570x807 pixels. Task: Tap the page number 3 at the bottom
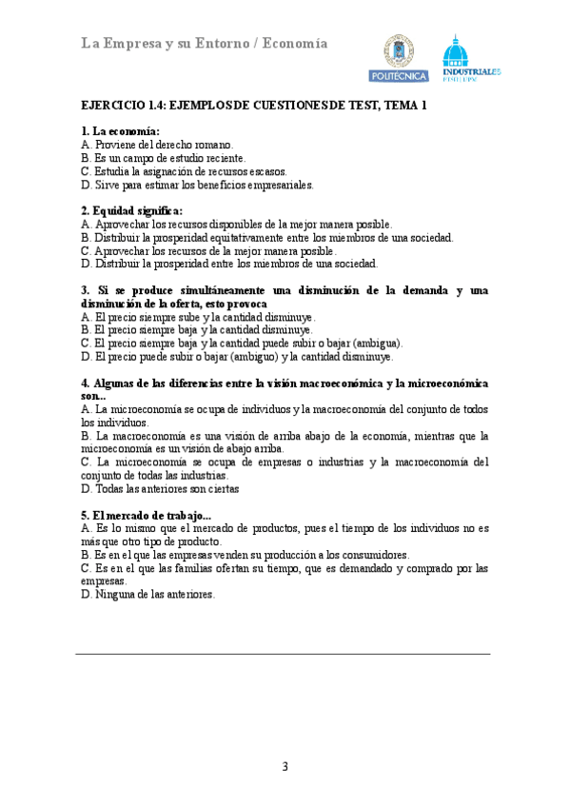click(285, 766)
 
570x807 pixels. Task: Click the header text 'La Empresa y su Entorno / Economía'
click(205, 44)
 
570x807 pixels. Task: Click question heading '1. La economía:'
click(121, 131)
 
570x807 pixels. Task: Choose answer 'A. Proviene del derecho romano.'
click(157, 145)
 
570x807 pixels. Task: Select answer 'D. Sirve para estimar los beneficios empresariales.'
click(197, 185)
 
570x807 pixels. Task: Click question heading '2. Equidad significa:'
click(132, 210)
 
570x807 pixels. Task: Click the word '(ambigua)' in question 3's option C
click(378, 344)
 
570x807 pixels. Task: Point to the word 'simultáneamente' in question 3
click(219, 290)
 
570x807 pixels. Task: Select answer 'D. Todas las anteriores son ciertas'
click(160, 488)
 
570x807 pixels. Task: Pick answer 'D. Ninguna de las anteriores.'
click(148, 595)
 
